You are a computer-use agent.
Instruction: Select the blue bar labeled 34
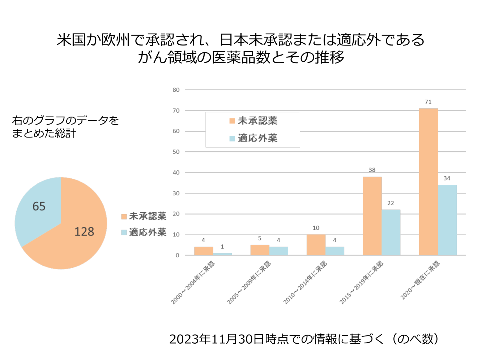[x=447, y=220]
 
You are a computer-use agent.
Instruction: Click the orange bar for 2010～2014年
[x=316, y=245]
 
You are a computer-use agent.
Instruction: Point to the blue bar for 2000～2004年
[x=222, y=254]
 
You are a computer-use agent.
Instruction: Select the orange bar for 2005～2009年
[x=260, y=250]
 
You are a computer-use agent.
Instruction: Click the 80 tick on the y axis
[x=176, y=90]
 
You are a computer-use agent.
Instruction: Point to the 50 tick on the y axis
[x=176, y=152]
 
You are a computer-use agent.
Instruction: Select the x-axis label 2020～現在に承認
[x=420, y=280]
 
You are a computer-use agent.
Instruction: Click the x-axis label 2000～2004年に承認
[x=193, y=282]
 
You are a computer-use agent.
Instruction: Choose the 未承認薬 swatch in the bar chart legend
[x=232, y=121]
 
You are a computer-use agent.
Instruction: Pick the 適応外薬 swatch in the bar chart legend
[x=232, y=138]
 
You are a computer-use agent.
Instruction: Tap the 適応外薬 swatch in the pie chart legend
[x=124, y=232]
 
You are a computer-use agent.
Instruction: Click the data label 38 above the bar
[x=372, y=170]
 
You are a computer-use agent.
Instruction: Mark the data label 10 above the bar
[x=316, y=228]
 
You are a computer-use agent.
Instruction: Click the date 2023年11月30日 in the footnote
[x=217, y=339]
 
